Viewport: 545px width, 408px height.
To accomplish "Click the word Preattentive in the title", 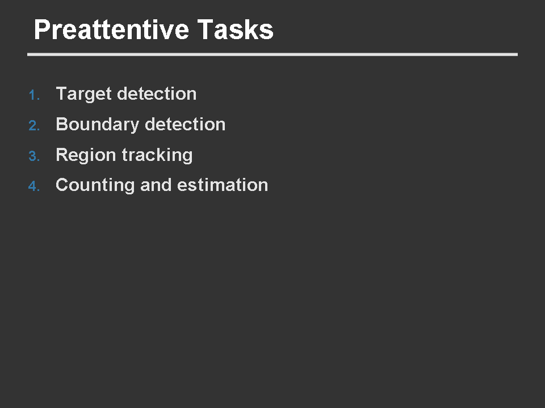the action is click(x=112, y=30).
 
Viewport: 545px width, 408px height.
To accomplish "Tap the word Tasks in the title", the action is click(x=235, y=30).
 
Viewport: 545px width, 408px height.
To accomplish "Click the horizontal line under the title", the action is click(x=272, y=54).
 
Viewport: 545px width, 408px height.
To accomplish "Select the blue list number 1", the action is click(x=34, y=95).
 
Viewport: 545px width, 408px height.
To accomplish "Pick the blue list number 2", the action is click(x=34, y=126).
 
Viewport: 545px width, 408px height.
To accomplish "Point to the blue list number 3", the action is click(x=34, y=156).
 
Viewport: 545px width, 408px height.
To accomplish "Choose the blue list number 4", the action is click(x=34, y=186).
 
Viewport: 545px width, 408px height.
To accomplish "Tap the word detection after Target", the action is click(x=157, y=93).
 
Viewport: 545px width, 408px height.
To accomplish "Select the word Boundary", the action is click(x=98, y=125).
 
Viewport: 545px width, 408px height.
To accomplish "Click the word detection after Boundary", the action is click(x=185, y=124).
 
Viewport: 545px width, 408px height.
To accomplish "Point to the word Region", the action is click(x=86, y=155).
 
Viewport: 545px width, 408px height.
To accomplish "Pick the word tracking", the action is click(x=157, y=155).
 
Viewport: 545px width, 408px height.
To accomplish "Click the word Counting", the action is click(x=95, y=186).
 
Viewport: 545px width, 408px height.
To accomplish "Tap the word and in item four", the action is click(x=156, y=185).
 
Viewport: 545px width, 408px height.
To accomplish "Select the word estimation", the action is click(x=223, y=185).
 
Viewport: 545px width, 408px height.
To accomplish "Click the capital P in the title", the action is click(x=41, y=30).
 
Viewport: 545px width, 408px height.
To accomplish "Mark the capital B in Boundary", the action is click(x=62, y=124).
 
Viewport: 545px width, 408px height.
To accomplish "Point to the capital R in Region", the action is click(x=62, y=155).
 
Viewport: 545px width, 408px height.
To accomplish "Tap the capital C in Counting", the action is click(x=62, y=185).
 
